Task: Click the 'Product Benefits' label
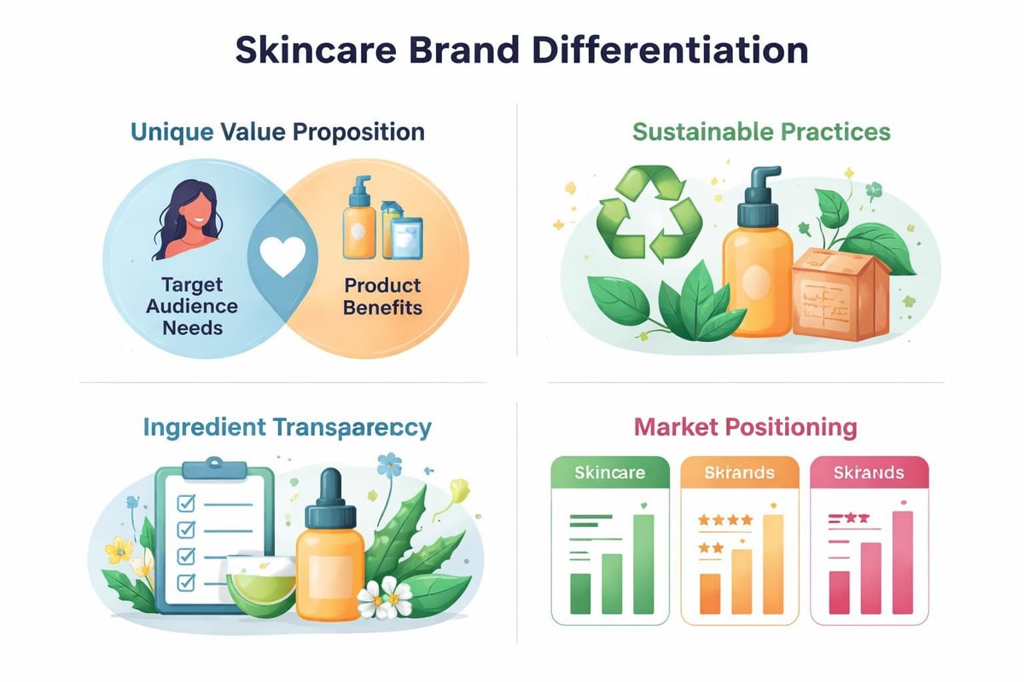point(382,296)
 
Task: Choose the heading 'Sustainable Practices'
point(760,132)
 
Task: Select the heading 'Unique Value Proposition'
point(277,132)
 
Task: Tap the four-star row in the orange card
point(724,518)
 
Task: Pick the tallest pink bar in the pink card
point(902,563)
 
